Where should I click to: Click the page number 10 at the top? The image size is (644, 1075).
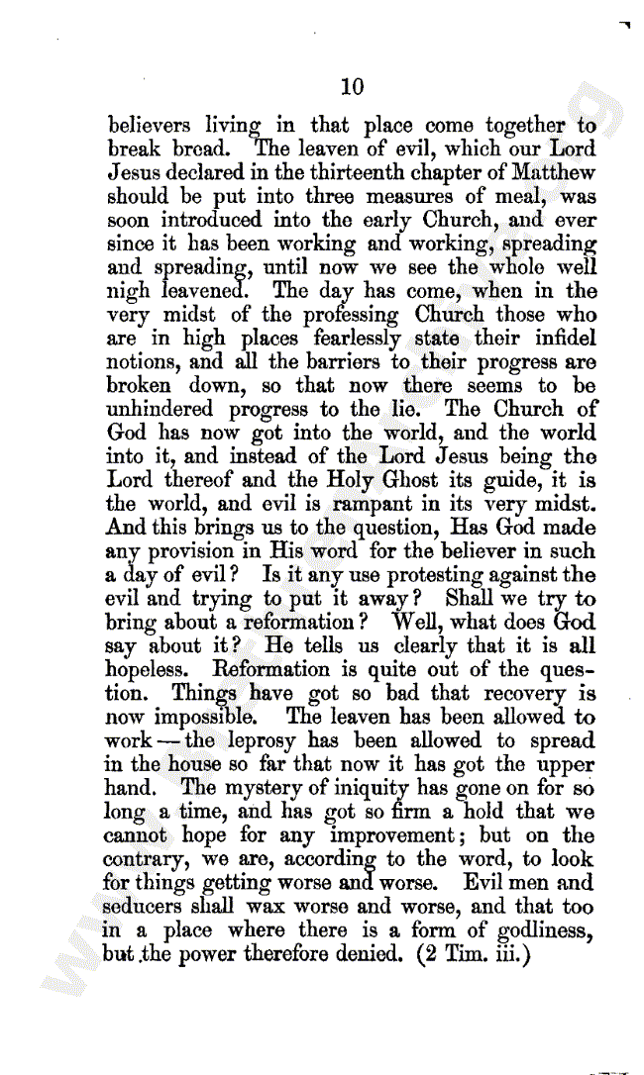click(x=352, y=87)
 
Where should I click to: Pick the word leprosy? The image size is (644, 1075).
click(x=266, y=741)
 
